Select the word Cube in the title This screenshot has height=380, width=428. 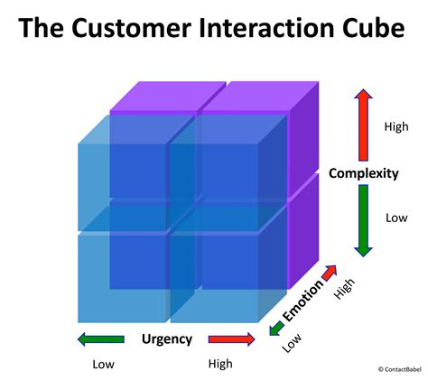369,29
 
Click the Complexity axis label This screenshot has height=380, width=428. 364,173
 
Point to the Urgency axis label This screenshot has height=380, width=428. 167,339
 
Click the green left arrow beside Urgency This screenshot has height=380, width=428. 101,339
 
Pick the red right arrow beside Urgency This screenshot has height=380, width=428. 233,339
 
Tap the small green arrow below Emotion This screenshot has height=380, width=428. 275,329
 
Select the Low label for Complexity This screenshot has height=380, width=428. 396,218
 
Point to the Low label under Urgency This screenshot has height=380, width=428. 104,364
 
